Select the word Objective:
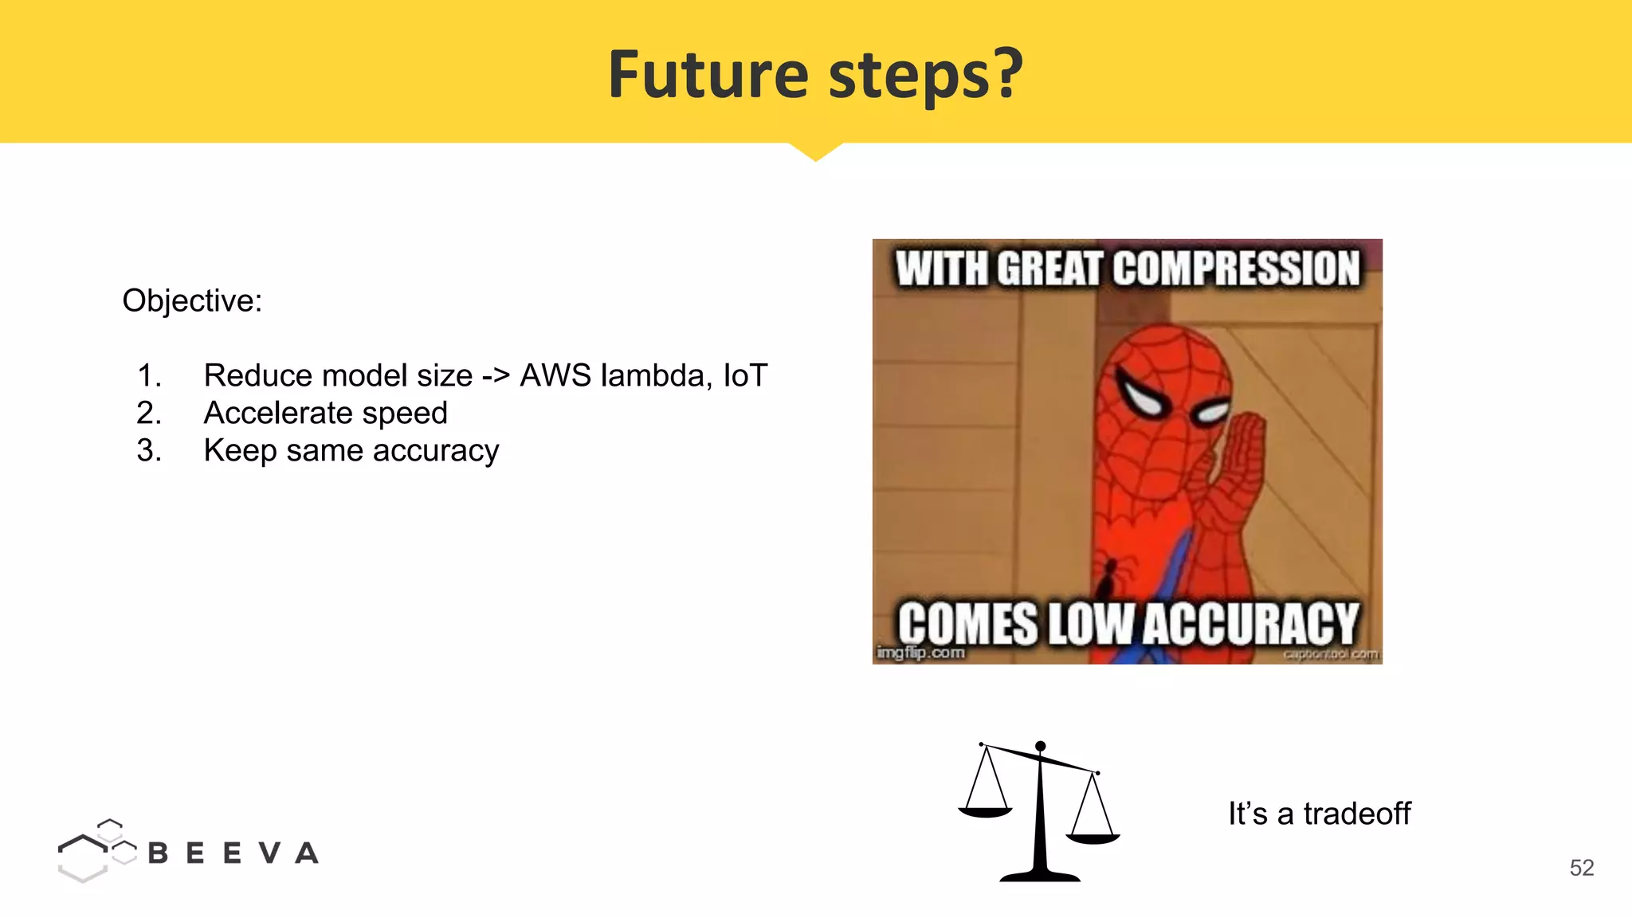pyautogui.click(x=192, y=301)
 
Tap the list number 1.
pyautogui.click(x=148, y=376)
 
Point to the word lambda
pyautogui.click(x=653, y=375)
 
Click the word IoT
pyautogui.click(x=744, y=375)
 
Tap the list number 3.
pyautogui.click(x=148, y=451)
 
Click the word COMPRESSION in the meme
pyautogui.click(x=1236, y=269)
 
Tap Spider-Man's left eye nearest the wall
pyautogui.click(x=1142, y=394)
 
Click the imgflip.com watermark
pyautogui.click(x=920, y=653)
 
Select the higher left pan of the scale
pyautogui.click(x=985, y=812)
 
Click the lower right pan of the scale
pyautogui.click(x=1093, y=838)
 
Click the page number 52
pyautogui.click(x=1581, y=868)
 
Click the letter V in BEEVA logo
pyautogui.click(x=269, y=853)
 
